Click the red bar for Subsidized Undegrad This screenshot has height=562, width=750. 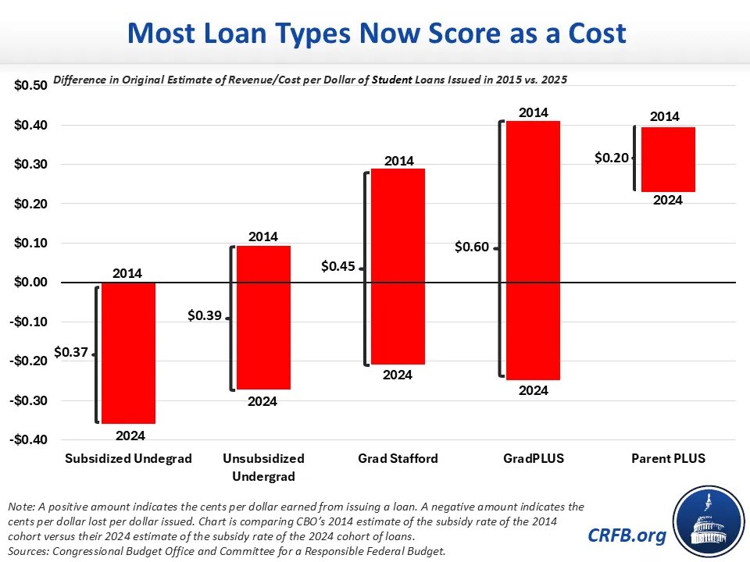click(128, 353)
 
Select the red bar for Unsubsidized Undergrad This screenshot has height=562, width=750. click(263, 318)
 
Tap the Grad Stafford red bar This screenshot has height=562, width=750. click(398, 267)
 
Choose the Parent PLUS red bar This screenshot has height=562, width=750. click(668, 159)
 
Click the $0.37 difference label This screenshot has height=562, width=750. click(70, 352)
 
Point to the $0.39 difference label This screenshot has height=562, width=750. click(205, 316)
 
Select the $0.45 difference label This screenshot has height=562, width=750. click(338, 266)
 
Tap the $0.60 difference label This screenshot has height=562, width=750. click(472, 247)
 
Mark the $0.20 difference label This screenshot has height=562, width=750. click(611, 158)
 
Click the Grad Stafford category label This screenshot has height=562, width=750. click(398, 459)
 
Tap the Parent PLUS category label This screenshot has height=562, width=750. click(668, 459)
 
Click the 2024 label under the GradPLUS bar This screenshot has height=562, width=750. click(534, 391)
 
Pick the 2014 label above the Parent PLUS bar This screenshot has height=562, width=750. click(665, 116)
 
